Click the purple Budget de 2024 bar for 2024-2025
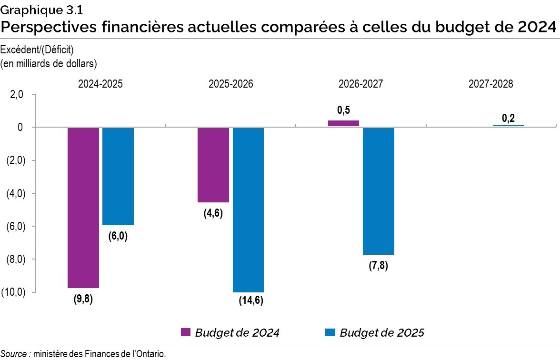click(x=83, y=208)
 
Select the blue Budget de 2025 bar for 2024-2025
click(x=118, y=176)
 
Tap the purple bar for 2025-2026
click(x=213, y=165)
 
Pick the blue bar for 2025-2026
click(x=248, y=210)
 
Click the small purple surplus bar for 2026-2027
click(x=343, y=123)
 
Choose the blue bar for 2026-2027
click(x=379, y=191)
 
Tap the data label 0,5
click(x=343, y=110)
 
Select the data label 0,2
click(x=508, y=118)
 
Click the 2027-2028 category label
click(x=490, y=84)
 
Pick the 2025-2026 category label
click(x=231, y=84)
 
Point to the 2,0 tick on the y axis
click(x=16, y=95)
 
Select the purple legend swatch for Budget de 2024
click(x=186, y=332)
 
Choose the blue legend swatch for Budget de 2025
click(x=330, y=332)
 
